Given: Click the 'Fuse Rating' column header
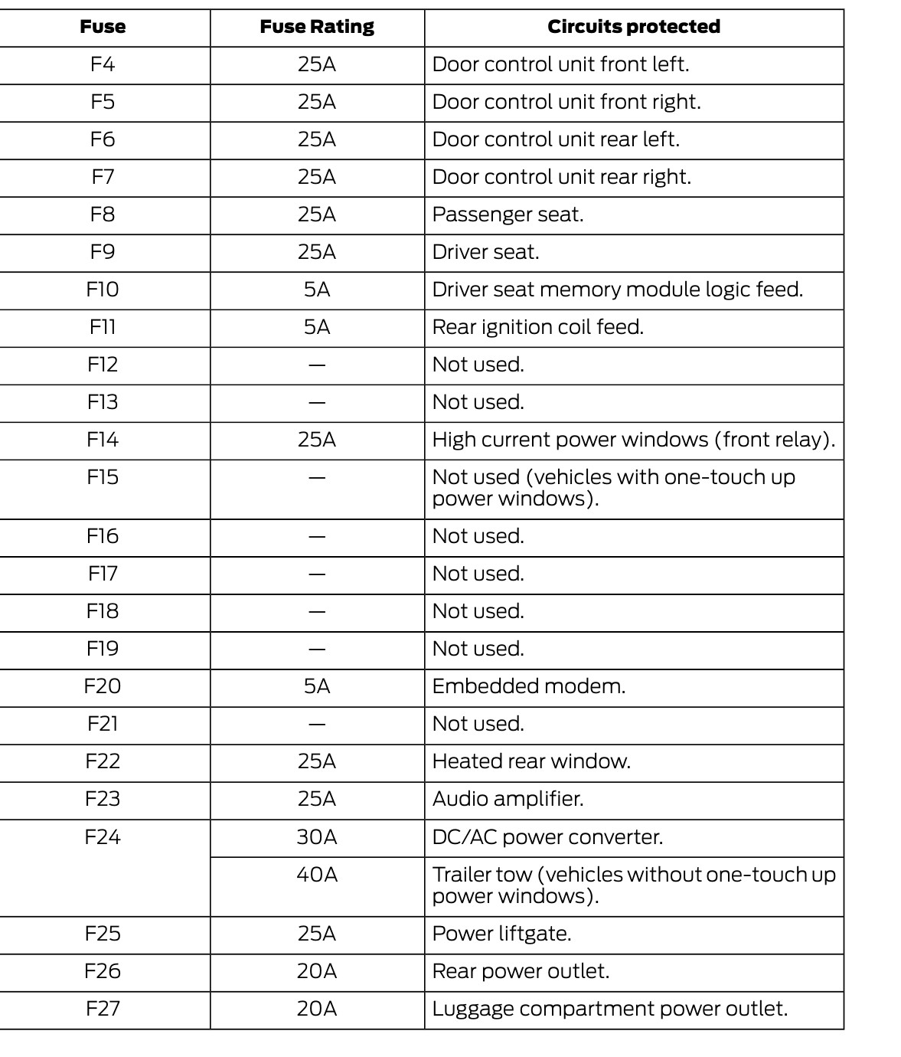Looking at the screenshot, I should click(317, 27).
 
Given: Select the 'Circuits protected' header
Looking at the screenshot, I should click(633, 27).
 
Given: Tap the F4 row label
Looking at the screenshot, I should click(103, 64).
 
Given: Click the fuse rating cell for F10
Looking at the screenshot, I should click(317, 290).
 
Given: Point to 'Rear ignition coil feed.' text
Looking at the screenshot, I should click(537, 327).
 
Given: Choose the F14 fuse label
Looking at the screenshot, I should click(103, 440).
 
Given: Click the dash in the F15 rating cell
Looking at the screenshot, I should click(317, 478).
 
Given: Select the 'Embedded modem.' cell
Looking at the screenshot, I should click(528, 686).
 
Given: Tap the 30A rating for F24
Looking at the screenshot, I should click(317, 837).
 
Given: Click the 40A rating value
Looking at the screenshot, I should click(317, 875).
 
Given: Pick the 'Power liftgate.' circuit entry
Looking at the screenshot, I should click(501, 934).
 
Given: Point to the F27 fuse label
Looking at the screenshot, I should click(103, 1009).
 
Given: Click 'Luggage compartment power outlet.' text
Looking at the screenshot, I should click(609, 1009).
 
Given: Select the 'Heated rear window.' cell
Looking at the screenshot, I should click(530, 761).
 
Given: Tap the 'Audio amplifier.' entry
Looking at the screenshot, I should click(508, 799).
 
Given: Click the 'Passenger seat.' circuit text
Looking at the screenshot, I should click(508, 214).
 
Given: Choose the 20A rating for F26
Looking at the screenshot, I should click(317, 971).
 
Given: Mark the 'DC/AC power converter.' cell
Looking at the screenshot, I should click(547, 837).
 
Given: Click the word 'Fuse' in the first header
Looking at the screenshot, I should click(103, 27).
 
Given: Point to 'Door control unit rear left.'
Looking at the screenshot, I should click(556, 139).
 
